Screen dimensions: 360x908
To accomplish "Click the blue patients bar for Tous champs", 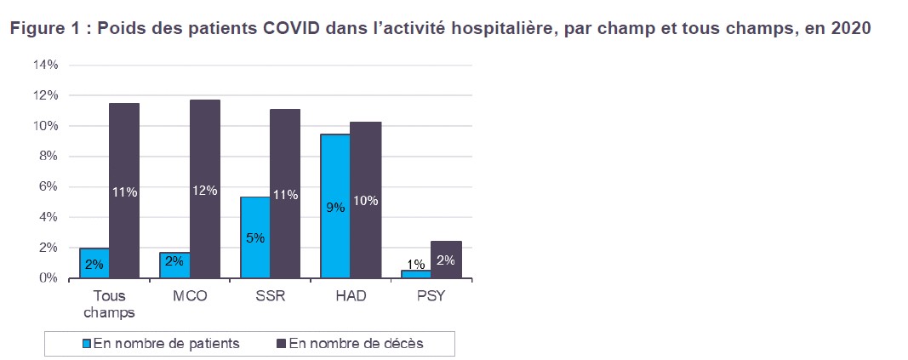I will click(x=94, y=263).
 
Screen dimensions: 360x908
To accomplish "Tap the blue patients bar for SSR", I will click(x=255, y=237).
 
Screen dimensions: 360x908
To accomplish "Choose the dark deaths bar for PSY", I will click(x=445, y=260).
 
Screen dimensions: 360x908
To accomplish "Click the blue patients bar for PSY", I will click(x=415, y=274).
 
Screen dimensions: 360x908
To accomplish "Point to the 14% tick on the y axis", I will click(x=45, y=65).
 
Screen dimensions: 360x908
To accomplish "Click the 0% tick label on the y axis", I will click(x=48, y=278).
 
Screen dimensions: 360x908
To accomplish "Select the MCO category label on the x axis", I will click(x=190, y=295).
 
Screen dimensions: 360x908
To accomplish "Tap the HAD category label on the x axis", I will click(x=351, y=295).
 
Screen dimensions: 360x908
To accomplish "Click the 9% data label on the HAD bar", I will click(x=335, y=207).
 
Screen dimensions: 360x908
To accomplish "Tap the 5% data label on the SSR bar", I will click(x=255, y=238).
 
